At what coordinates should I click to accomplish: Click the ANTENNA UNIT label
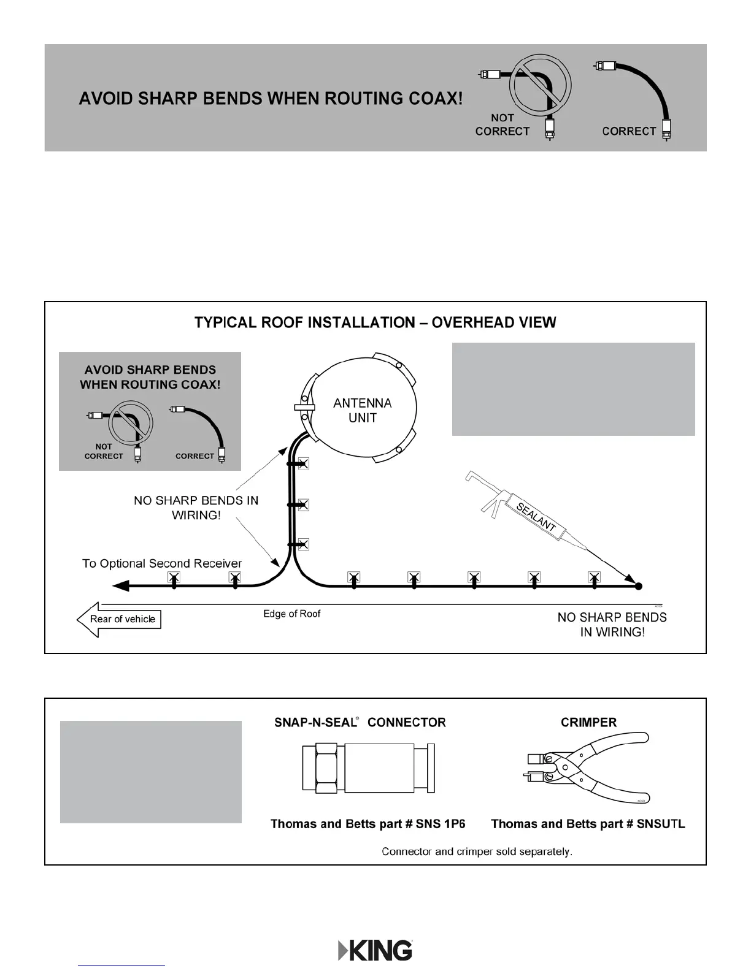362,410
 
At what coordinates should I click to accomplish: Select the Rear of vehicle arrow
119,619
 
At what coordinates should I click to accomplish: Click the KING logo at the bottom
375,950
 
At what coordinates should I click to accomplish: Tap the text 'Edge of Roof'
291,614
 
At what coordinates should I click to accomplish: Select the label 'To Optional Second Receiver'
162,563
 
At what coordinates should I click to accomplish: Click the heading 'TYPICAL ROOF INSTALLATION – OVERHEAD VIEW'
375,322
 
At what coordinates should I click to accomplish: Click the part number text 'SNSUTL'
661,824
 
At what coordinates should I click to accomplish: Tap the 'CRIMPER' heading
588,722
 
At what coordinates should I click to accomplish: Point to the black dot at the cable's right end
638,586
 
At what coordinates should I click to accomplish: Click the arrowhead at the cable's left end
121,586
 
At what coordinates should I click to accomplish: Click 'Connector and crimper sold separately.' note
477,851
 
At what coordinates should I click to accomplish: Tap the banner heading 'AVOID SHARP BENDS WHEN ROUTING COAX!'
271,98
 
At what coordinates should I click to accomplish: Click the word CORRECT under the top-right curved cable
629,131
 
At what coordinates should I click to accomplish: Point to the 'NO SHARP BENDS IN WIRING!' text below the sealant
612,625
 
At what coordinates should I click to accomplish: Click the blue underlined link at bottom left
121,965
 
